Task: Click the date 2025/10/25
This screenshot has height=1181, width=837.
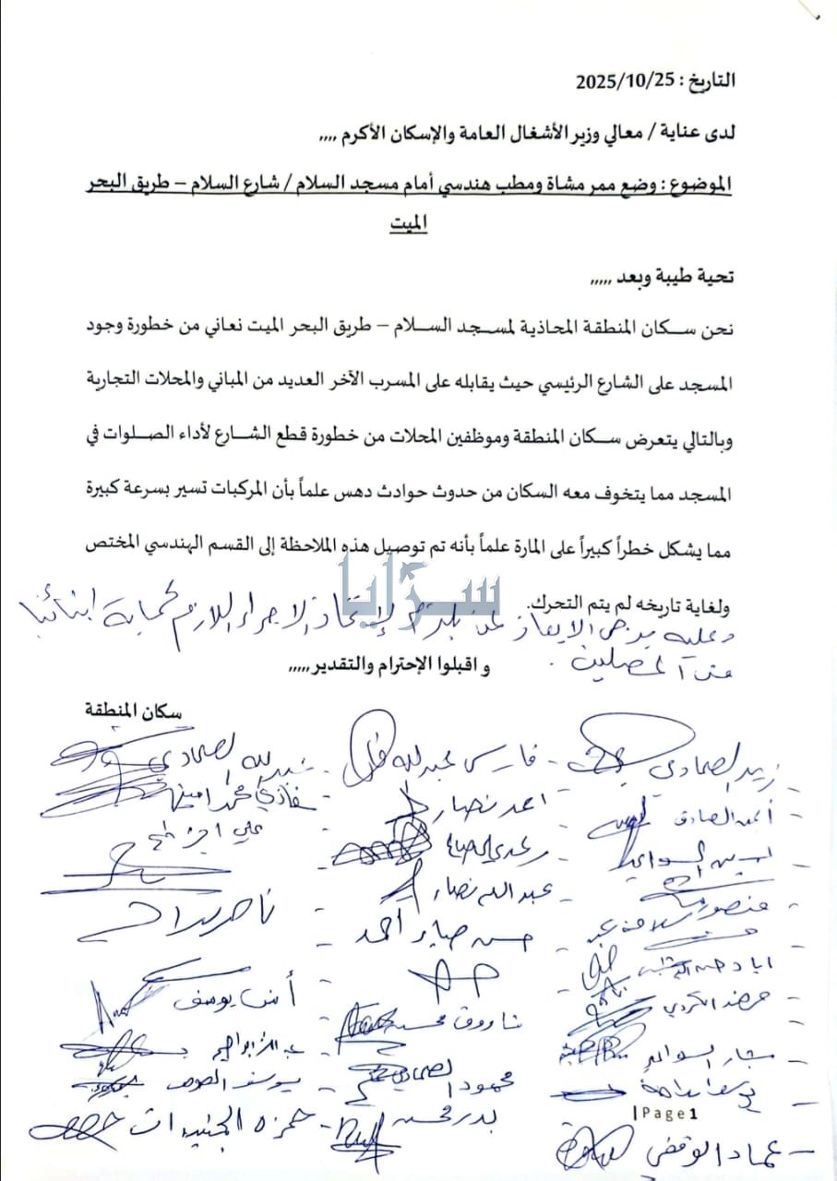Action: (624, 79)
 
